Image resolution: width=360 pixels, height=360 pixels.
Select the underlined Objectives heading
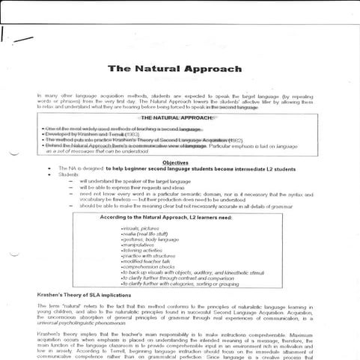[175, 162]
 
